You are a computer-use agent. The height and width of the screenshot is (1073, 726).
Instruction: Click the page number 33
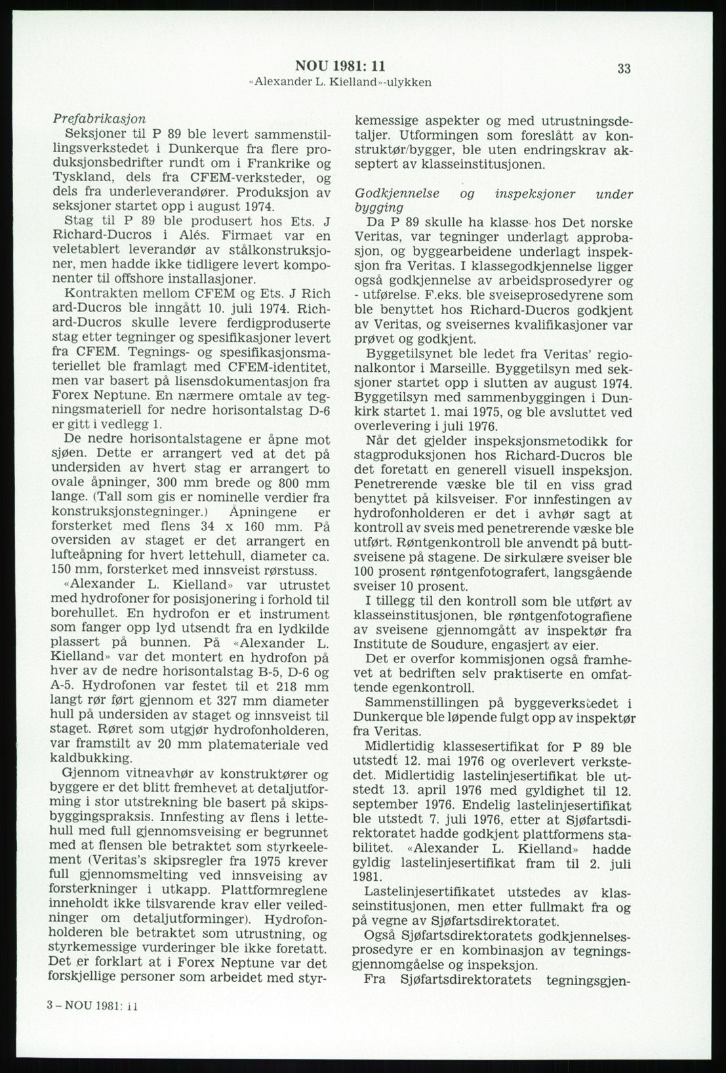[x=624, y=69]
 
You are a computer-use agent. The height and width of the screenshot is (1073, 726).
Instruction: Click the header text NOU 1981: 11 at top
[x=340, y=66]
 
